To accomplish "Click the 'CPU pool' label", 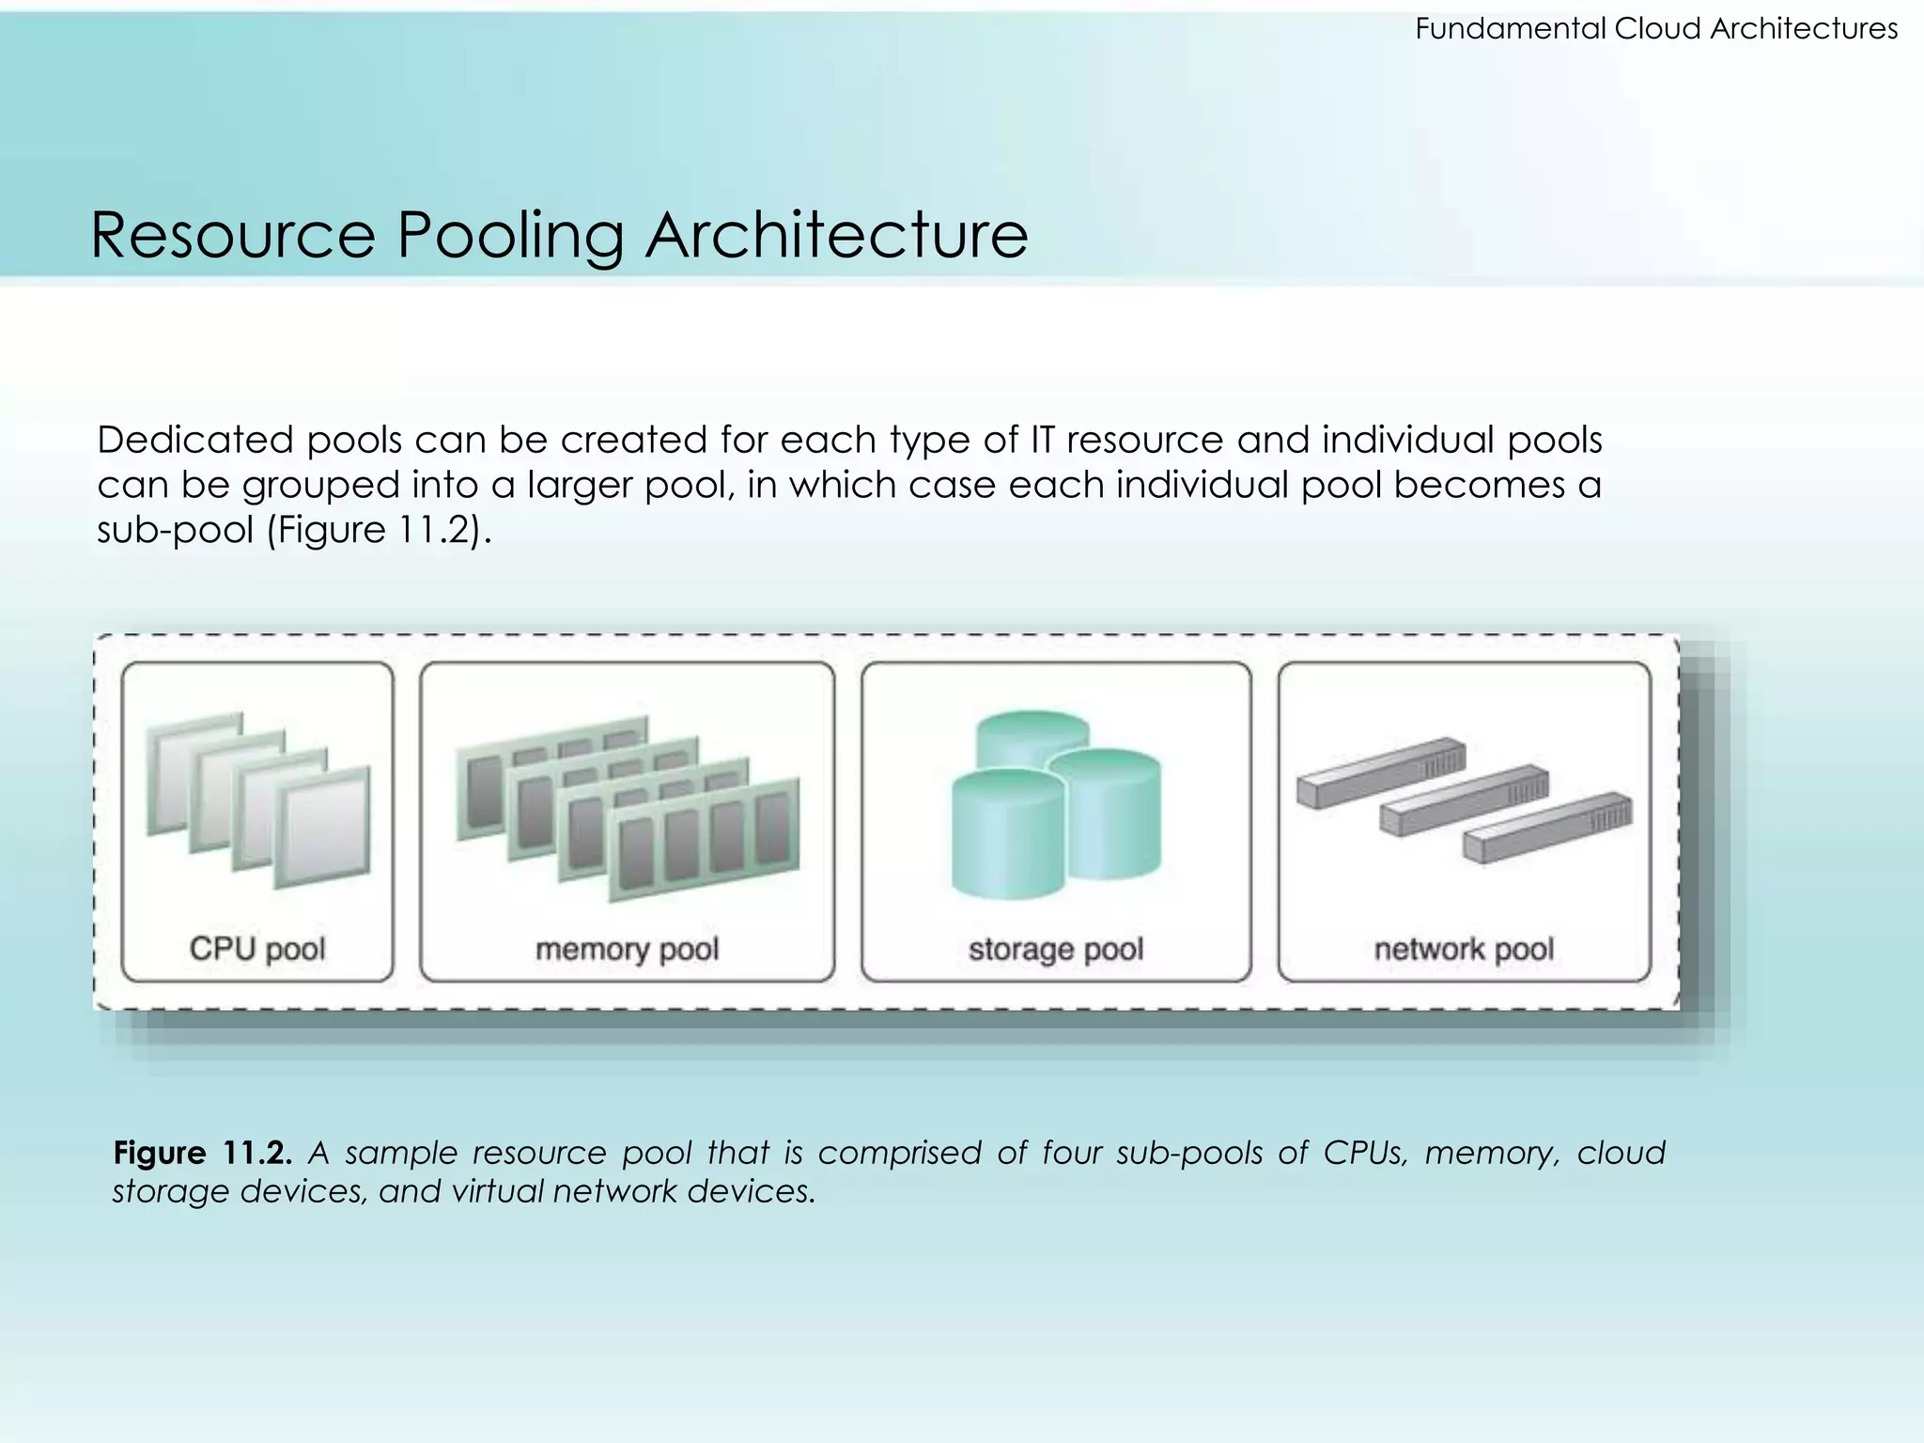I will pos(257,949).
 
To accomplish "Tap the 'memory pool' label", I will pos(627,950).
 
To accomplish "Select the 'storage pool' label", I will pos(1056,950).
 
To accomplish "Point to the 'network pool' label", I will pos(1464,950).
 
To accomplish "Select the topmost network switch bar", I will pos(1381,771).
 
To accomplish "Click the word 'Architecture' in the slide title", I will pos(836,235).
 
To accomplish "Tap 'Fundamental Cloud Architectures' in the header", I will pos(1655,29).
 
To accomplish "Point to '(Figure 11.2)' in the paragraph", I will pos(379,531).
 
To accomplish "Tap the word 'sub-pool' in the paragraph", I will pos(175,531).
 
